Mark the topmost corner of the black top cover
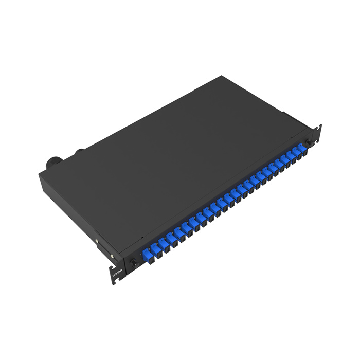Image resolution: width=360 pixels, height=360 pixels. pos(221,77)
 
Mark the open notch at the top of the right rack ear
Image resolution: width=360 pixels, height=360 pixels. pos(320,126)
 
